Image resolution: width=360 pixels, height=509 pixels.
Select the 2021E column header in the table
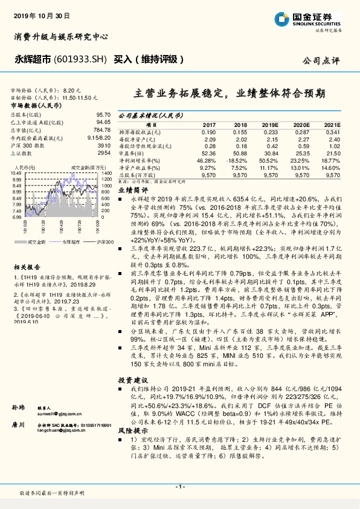[333, 125]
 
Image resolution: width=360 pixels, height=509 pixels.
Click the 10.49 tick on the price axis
[16, 173]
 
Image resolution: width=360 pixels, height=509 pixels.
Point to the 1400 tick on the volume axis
[107, 173]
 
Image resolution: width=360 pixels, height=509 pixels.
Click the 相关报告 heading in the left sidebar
[26, 266]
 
